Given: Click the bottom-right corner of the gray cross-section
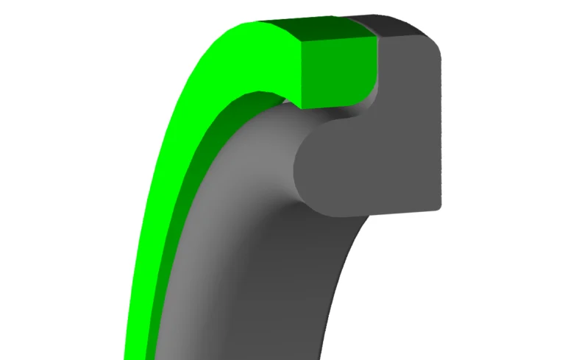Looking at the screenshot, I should tap(438, 208).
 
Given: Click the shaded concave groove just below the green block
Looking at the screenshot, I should tap(346, 118).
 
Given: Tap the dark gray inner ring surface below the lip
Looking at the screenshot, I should tap(324, 294).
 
